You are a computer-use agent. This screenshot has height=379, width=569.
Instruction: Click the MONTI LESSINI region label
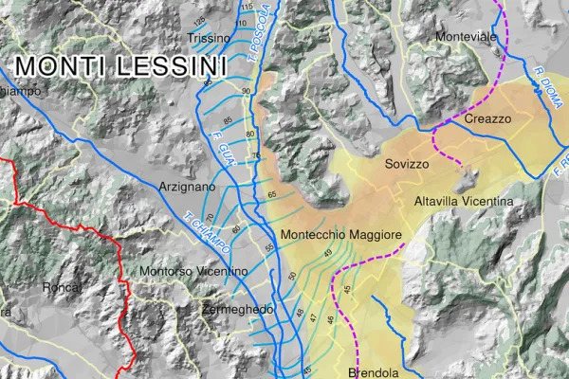click(121, 66)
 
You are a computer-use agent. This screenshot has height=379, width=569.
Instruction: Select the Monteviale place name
click(466, 36)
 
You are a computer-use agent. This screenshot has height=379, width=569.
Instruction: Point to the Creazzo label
click(487, 118)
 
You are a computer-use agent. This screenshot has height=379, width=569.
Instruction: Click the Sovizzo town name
click(407, 164)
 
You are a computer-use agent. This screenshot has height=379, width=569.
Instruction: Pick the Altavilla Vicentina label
click(464, 202)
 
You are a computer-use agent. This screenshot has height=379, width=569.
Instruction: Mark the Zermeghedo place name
click(238, 310)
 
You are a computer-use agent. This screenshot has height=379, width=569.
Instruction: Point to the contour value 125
click(198, 21)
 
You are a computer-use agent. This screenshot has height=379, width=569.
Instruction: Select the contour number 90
click(246, 91)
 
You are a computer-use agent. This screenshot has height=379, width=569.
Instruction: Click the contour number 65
click(272, 193)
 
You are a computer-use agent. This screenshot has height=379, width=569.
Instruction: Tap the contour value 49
click(327, 254)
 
